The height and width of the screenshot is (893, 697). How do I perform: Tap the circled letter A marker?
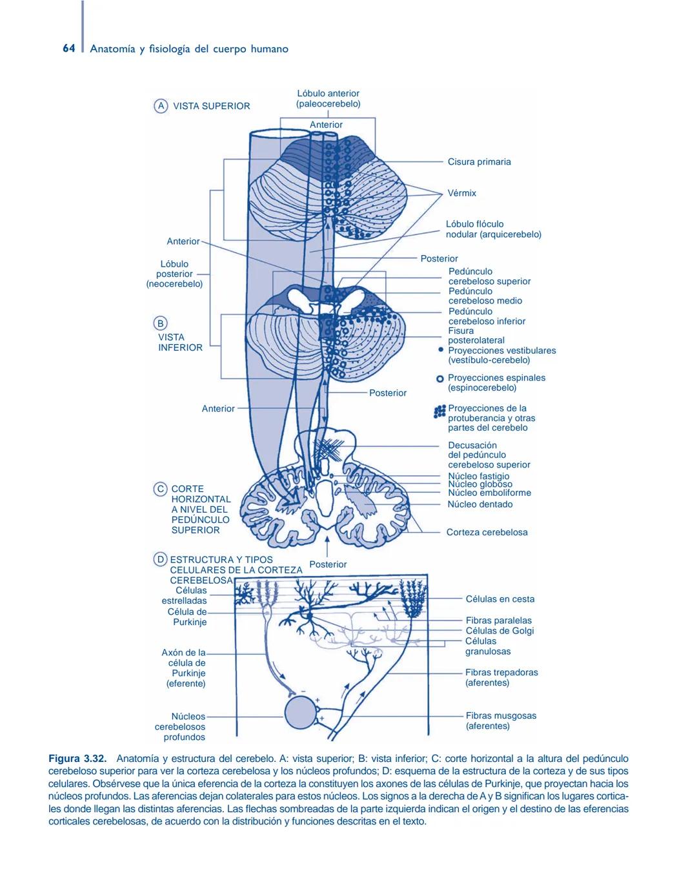pyautogui.click(x=160, y=106)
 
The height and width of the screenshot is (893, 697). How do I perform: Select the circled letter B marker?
pyautogui.click(x=160, y=323)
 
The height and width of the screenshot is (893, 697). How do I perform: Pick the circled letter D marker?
pyautogui.click(x=160, y=560)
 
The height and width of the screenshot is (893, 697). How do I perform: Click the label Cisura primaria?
pyautogui.click(x=479, y=162)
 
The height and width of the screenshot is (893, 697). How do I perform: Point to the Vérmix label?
pyautogui.click(x=461, y=193)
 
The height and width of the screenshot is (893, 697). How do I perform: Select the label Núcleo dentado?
pyautogui.click(x=480, y=504)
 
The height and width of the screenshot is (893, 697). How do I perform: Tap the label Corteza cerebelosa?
pyautogui.click(x=487, y=533)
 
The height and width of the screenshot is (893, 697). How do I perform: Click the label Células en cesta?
pyautogui.click(x=500, y=599)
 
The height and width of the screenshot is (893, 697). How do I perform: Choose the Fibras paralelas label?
pyautogui.click(x=498, y=621)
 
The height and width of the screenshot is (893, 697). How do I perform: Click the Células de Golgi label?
pyautogui.click(x=500, y=631)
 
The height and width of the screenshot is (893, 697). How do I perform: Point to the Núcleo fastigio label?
pyautogui.click(x=478, y=476)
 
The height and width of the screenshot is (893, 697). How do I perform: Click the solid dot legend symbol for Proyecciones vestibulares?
pyautogui.click(x=441, y=349)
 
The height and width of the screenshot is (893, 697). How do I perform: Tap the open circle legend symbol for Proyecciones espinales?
pyautogui.click(x=440, y=378)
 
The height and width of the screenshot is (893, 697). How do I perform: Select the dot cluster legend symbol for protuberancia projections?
pyautogui.click(x=440, y=411)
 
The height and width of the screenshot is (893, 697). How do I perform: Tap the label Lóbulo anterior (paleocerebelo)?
pyautogui.click(x=328, y=99)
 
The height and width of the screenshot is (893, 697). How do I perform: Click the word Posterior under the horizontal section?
pyautogui.click(x=328, y=564)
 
